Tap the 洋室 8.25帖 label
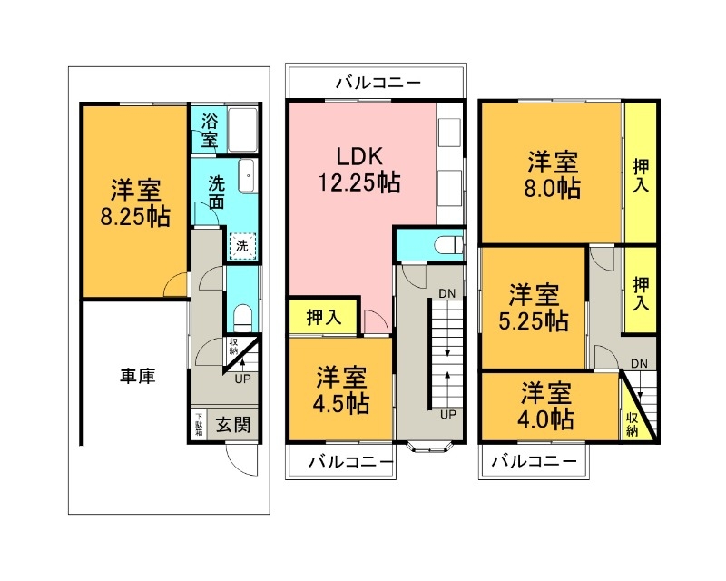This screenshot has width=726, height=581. pos(136,204)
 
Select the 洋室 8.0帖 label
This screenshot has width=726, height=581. pos(553,176)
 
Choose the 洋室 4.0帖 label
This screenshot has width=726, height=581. pos(545,406)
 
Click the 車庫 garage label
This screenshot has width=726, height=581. pos(137,375)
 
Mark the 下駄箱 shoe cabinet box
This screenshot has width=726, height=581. pos(199,424)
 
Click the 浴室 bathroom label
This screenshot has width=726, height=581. pos(209,131)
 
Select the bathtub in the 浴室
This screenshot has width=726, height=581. pos(243,130)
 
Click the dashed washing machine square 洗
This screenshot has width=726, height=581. pos(242,245)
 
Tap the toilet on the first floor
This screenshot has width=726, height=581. pos(242,317)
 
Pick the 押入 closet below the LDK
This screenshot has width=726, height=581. pos(323,318)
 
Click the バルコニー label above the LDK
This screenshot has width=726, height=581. pos(378,83)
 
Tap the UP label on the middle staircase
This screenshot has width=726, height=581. pos(447,414)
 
